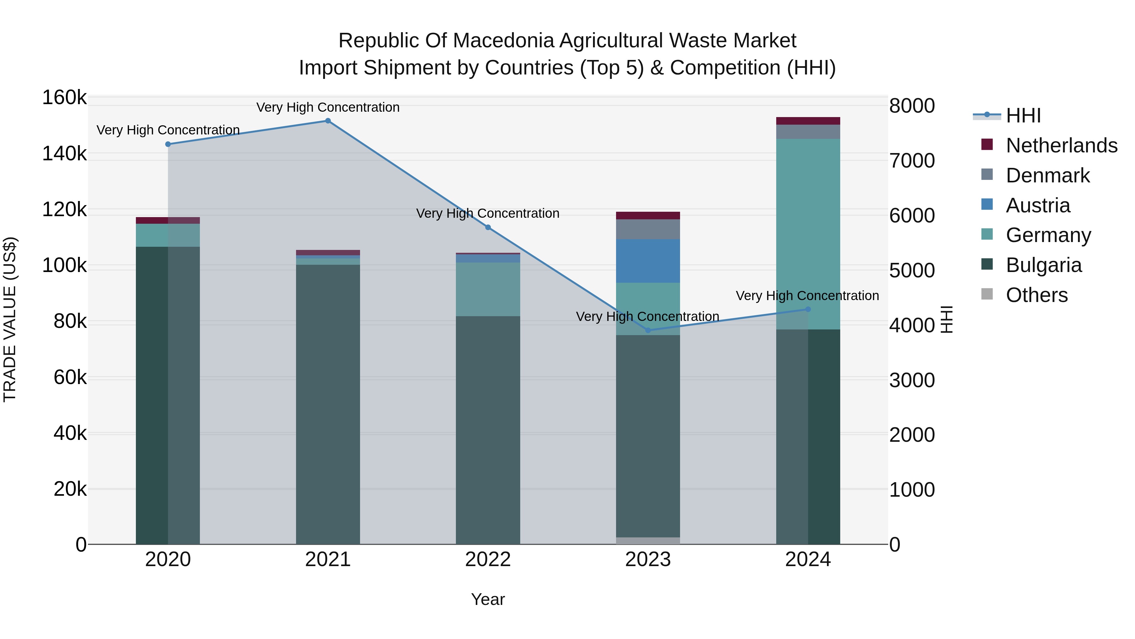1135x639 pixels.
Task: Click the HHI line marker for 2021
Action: click(328, 121)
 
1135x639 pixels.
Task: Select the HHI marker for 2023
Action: click(648, 330)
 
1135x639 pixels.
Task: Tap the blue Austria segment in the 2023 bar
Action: click(648, 261)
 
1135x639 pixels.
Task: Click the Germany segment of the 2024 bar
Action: click(808, 234)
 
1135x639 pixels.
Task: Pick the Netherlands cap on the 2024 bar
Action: click(808, 121)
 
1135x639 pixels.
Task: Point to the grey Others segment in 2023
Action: click(648, 541)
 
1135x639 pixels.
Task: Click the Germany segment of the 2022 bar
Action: click(488, 289)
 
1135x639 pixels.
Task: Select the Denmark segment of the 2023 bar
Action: click(648, 229)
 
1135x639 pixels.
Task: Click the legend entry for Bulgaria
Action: click(1043, 265)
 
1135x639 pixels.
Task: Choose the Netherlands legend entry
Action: click(1061, 145)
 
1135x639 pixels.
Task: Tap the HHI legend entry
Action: click(1023, 115)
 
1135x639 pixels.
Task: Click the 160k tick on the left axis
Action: click(64, 98)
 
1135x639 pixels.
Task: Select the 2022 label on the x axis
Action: click(488, 559)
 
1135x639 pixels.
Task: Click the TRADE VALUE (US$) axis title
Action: click(10, 319)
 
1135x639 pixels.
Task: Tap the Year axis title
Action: click(488, 599)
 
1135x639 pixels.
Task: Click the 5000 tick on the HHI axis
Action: click(911, 270)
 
